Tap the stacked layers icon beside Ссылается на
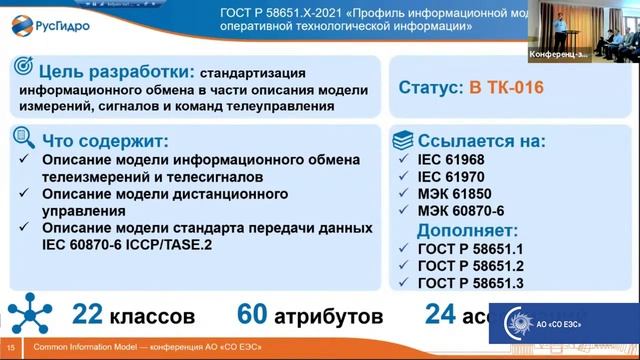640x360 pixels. pos(403,138)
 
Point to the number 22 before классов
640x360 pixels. pos(88,316)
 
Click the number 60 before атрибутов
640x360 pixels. pos(252,316)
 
